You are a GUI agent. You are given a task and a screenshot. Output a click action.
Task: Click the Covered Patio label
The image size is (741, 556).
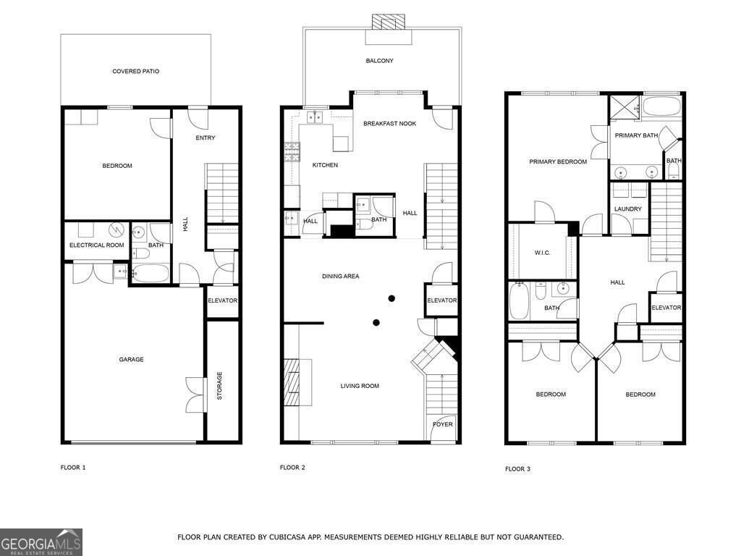tap(135, 72)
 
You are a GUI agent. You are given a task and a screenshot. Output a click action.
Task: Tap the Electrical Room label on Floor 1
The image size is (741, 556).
tap(96, 245)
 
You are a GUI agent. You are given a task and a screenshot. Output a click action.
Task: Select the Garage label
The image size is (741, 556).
tap(131, 360)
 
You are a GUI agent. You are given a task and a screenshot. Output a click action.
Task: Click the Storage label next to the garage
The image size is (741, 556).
tap(219, 385)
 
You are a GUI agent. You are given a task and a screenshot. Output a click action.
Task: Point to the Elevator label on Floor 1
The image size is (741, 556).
tap(222, 300)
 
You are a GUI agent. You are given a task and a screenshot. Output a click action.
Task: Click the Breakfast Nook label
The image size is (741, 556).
tap(389, 124)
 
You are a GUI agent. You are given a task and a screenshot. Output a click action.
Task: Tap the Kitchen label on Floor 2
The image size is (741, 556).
tap(325, 166)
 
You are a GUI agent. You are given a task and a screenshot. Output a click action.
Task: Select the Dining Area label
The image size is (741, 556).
tap(340, 277)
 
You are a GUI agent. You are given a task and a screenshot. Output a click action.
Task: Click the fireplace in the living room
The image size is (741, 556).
tap(294, 385)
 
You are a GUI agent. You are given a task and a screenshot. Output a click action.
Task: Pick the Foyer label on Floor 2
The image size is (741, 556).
tap(443, 424)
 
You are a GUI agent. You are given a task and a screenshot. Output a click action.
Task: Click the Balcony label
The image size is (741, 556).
tap(380, 61)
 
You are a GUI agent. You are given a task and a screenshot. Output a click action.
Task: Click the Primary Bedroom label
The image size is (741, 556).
tap(557, 162)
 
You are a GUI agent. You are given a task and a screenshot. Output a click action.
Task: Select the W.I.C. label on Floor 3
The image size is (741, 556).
tap(543, 253)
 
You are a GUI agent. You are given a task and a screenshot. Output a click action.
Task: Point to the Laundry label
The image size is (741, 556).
tap(627, 209)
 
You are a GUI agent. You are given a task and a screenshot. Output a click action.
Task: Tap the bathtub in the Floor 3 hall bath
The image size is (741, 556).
tap(520, 300)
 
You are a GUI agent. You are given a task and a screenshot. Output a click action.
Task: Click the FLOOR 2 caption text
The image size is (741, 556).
tap(292, 468)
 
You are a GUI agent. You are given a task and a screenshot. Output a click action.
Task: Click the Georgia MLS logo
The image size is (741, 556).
tap(41, 542)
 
